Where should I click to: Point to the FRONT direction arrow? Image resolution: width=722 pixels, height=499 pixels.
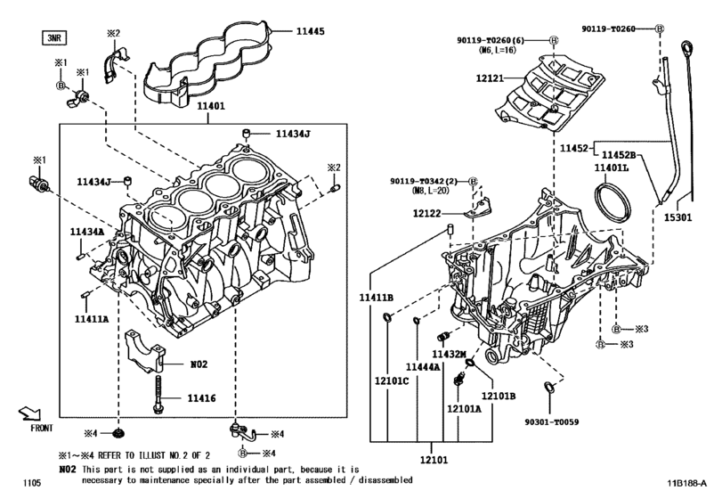(x=30, y=413)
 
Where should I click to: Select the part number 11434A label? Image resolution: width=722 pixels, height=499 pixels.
(x=87, y=232)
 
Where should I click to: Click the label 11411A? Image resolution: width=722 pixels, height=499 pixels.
(x=92, y=318)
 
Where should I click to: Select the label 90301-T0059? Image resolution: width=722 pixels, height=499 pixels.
(x=552, y=421)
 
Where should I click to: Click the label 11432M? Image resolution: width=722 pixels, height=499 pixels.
(x=449, y=354)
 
